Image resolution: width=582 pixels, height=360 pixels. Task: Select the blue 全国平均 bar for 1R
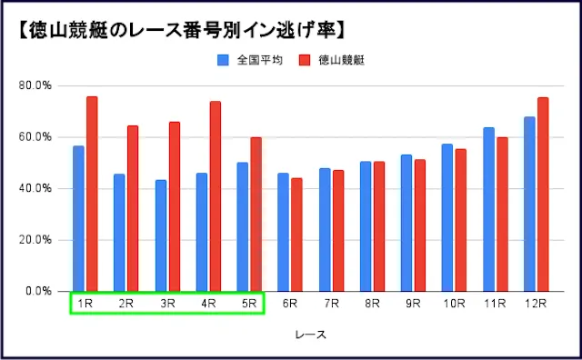pos(78,218)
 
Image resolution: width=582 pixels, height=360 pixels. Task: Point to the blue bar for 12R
pos(529,204)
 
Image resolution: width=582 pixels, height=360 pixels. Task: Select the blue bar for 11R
pos(488,209)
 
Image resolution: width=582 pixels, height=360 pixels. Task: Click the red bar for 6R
pos(296,235)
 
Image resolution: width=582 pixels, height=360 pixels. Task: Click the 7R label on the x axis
pos(331,304)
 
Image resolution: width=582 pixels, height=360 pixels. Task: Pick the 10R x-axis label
pos(454,304)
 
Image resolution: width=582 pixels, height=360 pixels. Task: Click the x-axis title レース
pos(310,335)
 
